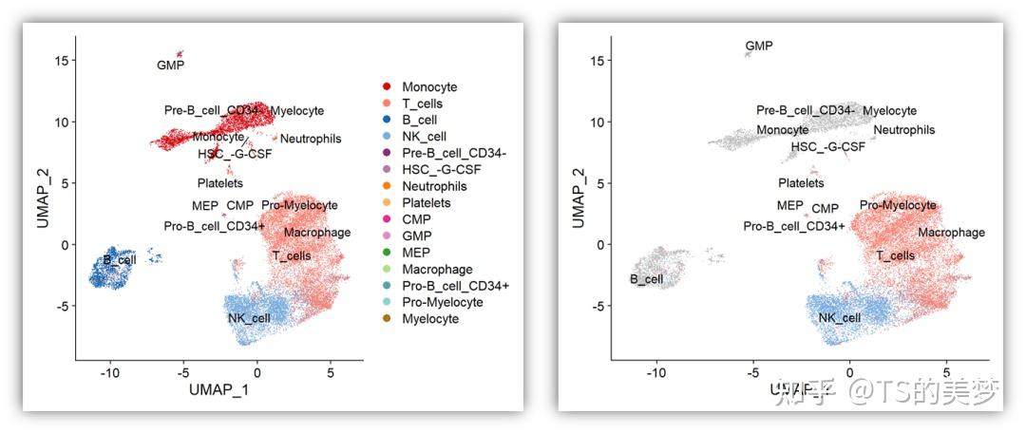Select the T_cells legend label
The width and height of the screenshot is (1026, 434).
tap(422, 104)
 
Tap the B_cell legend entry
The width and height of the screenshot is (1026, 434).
tap(419, 120)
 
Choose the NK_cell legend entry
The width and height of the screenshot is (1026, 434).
tap(423, 137)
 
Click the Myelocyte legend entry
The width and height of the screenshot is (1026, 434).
tap(430, 319)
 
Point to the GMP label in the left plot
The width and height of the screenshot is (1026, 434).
tap(170, 66)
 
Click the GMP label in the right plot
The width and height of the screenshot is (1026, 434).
tap(759, 46)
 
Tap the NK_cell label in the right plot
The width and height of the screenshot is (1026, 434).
tap(840, 317)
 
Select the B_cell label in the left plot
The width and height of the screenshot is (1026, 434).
tap(121, 259)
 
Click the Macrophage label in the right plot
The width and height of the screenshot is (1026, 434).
tap(951, 233)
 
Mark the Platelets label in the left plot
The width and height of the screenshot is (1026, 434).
tap(220, 183)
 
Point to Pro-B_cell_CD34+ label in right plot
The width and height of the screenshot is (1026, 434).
tap(794, 226)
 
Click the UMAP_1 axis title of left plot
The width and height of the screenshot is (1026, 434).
tap(219, 390)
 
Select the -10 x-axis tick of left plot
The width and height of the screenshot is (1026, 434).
tap(109, 370)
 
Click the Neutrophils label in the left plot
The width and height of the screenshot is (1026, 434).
tap(311, 140)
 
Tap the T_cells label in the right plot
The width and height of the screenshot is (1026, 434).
tap(895, 255)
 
